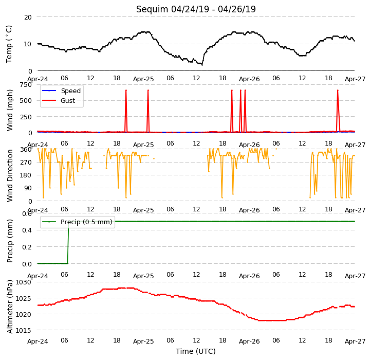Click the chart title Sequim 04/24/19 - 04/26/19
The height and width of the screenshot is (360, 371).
click(196, 9)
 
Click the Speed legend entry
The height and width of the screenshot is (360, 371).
click(61, 91)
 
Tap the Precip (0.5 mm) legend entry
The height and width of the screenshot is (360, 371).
click(77, 222)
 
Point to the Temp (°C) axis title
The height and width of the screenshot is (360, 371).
click(9, 44)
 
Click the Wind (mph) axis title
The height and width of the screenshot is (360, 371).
click(9, 110)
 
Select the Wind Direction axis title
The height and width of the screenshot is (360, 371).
click(9, 175)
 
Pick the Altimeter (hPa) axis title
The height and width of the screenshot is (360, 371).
click(9, 307)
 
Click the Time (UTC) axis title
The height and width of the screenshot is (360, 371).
click(196, 351)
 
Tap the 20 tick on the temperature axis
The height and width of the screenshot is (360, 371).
click(28, 17)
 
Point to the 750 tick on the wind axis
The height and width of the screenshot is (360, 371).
click(26, 84)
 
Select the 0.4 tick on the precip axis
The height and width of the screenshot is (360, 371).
click(27, 230)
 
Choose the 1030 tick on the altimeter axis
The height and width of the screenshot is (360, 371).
click(24, 282)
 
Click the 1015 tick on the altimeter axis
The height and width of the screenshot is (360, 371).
click(24, 330)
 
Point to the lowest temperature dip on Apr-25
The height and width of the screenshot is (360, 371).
click(202, 65)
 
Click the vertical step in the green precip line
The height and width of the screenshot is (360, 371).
click(68, 243)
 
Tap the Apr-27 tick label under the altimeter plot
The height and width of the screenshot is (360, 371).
click(355, 341)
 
